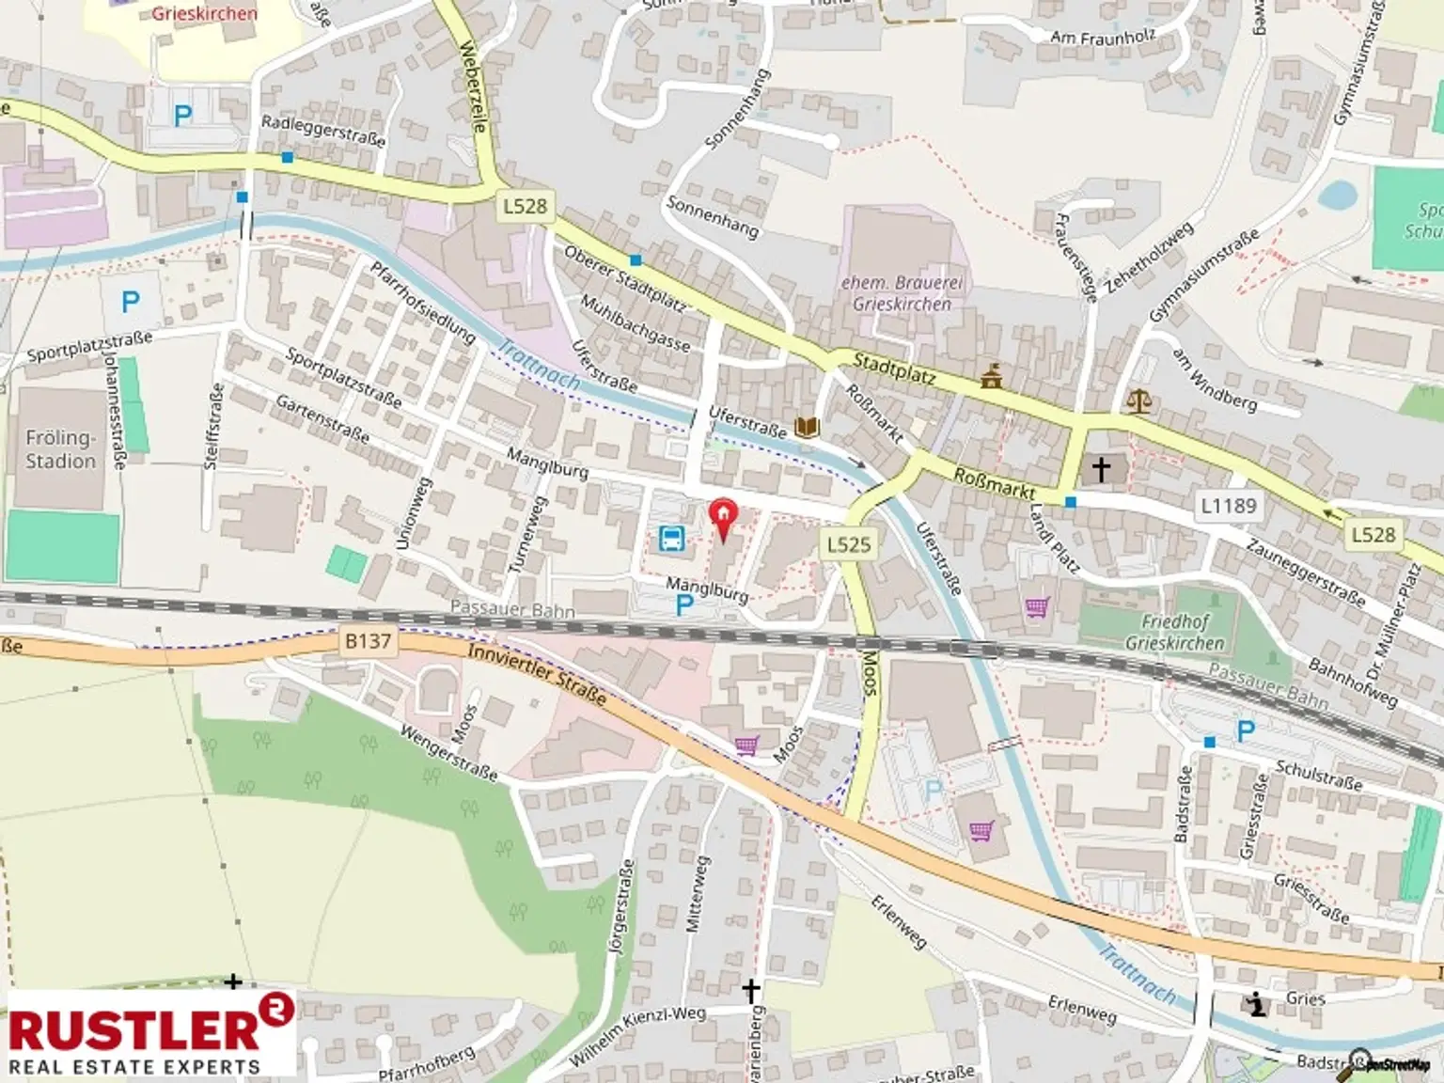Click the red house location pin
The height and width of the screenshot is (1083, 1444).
723,516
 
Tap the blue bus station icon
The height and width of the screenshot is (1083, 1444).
672,539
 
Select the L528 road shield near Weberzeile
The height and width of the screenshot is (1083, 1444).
525,206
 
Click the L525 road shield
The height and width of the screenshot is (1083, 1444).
849,543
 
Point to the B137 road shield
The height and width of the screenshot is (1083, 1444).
368,641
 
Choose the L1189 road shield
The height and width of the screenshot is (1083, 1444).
1229,506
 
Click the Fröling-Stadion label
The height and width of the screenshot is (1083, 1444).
61,449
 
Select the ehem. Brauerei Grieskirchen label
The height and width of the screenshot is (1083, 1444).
902,293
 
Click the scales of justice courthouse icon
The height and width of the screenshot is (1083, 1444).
1138,401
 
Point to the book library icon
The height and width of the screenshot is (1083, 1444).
807,428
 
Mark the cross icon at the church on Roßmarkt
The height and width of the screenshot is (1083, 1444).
1101,467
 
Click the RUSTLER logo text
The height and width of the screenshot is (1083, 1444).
136,1029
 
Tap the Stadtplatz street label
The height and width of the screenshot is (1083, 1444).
894,369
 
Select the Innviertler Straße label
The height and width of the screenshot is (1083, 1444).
537,674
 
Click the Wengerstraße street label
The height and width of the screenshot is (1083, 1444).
448,752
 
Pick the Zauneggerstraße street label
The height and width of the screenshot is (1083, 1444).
1305,572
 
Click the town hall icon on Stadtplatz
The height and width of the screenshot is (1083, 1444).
990,377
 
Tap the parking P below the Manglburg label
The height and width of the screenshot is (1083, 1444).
684,607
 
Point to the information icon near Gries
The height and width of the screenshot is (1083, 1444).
1256,1005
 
